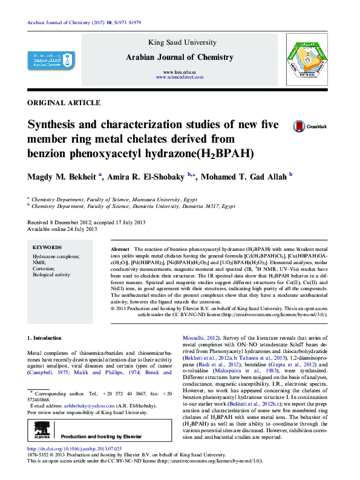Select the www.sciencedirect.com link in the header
click(x=178, y=78)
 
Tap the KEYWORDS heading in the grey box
click(x=47, y=247)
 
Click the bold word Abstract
click(x=120, y=249)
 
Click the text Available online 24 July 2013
click(x=62, y=229)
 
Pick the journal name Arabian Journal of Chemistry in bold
click(x=179, y=57)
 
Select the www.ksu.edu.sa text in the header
click(x=178, y=72)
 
